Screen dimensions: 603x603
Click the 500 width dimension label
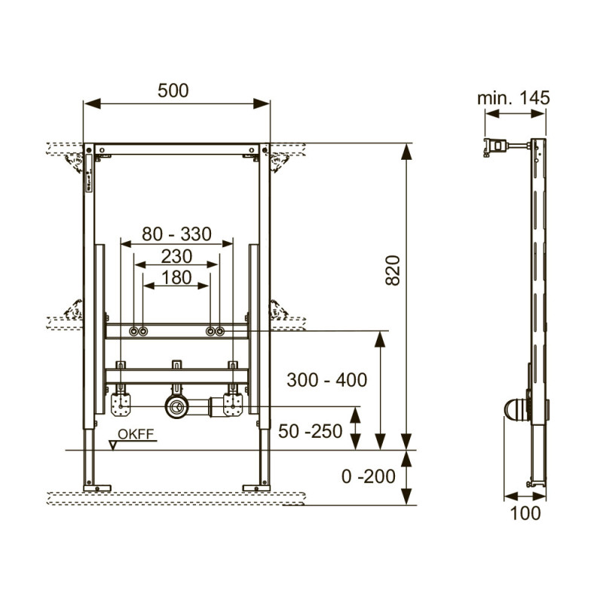[173, 90]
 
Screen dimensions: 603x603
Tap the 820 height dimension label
[393, 270]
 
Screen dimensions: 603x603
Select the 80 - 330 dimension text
[176, 234]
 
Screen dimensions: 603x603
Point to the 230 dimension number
[176, 256]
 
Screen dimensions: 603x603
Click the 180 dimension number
[176, 277]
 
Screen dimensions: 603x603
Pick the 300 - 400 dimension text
[327, 380]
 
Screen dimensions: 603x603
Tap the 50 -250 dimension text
[311, 431]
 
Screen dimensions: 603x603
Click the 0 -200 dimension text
[368, 476]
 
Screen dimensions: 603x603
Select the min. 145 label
[513, 98]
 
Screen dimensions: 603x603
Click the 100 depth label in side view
[525, 513]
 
